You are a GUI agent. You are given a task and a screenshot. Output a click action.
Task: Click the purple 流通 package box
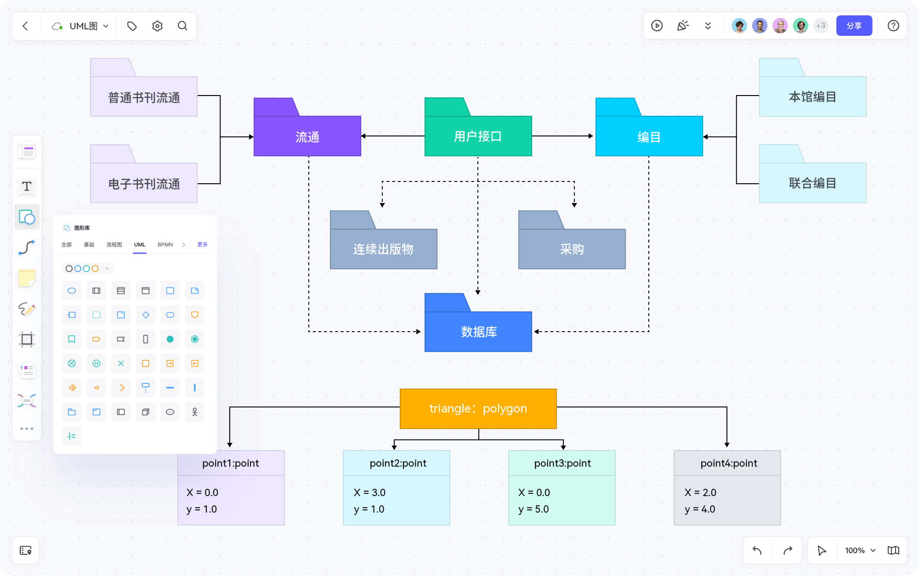click(x=307, y=136)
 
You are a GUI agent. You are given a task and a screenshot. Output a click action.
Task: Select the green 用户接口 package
click(x=478, y=136)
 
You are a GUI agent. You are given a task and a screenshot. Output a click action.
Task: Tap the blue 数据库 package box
click(x=478, y=332)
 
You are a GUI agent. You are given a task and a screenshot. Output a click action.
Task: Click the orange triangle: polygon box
click(x=478, y=408)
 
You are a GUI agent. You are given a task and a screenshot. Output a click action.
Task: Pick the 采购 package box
click(x=572, y=249)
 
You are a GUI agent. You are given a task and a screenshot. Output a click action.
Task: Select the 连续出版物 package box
click(x=383, y=249)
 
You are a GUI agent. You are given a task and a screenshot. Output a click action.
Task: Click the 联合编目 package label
click(x=812, y=183)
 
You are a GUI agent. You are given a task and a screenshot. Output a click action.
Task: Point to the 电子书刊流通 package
click(x=144, y=184)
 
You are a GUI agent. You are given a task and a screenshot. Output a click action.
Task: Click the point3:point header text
click(x=562, y=463)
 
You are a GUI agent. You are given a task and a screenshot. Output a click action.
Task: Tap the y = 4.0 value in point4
click(x=699, y=509)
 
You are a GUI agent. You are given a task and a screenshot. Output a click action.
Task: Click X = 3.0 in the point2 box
click(x=369, y=492)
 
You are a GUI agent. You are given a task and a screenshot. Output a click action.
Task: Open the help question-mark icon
click(x=893, y=26)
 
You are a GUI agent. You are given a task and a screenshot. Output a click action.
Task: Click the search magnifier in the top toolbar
click(x=182, y=26)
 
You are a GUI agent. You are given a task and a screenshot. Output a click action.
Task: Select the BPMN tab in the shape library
click(x=165, y=244)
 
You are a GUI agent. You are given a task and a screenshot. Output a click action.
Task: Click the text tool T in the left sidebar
click(x=27, y=186)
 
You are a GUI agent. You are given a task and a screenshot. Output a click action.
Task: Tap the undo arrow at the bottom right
click(x=757, y=550)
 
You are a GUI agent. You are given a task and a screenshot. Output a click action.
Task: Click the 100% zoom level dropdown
click(x=860, y=550)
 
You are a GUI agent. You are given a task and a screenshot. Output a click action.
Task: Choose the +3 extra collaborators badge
click(x=821, y=26)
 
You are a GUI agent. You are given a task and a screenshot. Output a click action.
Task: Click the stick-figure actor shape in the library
click(x=194, y=412)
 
